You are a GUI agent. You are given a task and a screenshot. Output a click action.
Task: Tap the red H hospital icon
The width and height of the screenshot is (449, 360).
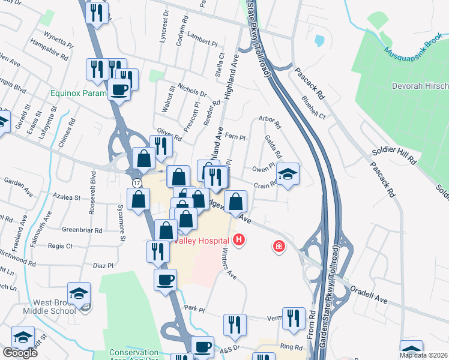point(240,241)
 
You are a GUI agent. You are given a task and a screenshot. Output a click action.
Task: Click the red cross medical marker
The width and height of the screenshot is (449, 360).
point(279,245)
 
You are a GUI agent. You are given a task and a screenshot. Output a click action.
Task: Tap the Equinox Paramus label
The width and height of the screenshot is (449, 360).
point(79,94)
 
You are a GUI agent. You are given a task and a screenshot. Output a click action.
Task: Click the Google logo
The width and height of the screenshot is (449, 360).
point(20,353)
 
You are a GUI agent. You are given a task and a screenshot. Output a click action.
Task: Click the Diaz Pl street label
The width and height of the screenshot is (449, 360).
point(103,265)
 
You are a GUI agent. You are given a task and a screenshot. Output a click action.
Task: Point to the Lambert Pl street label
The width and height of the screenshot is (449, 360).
point(202,43)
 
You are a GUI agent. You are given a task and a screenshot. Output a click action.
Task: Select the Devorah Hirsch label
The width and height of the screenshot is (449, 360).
point(420,86)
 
